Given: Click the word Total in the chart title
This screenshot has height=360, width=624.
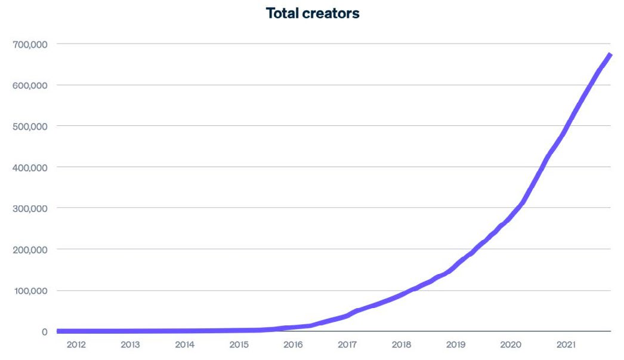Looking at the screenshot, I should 285,13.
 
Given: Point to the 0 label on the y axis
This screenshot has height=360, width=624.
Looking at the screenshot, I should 44,332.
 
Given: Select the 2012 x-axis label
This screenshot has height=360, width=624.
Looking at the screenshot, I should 76,345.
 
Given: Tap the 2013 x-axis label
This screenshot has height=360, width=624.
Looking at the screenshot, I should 130,345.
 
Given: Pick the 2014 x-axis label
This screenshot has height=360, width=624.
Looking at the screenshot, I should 185,345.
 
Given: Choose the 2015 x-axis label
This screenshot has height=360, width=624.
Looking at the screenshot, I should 239,345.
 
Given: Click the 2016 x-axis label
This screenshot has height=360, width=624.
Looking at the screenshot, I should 293,345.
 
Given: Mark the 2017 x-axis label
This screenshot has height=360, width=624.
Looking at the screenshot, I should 347,345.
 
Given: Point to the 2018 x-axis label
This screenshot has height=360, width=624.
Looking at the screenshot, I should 401,345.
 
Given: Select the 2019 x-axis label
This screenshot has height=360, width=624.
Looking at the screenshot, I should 456,345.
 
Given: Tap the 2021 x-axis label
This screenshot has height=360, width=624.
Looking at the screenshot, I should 565,345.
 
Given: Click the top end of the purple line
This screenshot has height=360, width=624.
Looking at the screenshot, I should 610,56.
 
